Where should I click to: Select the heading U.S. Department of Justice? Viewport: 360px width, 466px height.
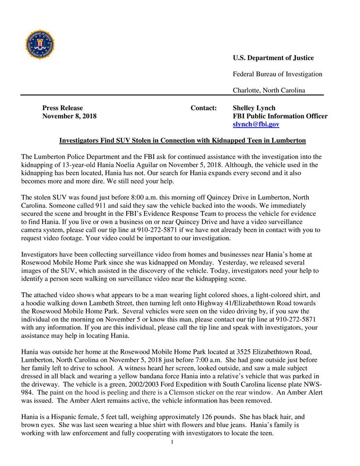coord(273,58)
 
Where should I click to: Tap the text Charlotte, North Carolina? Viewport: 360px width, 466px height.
coord(269,90)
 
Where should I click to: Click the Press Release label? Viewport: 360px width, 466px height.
coord(63,108)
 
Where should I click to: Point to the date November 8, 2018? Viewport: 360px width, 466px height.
coord(69,116)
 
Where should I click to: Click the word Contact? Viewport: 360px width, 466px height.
coord(204,108)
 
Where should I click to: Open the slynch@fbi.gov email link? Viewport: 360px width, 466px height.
coord(256,125)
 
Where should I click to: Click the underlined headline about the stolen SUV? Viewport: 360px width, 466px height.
coord(182,141)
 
